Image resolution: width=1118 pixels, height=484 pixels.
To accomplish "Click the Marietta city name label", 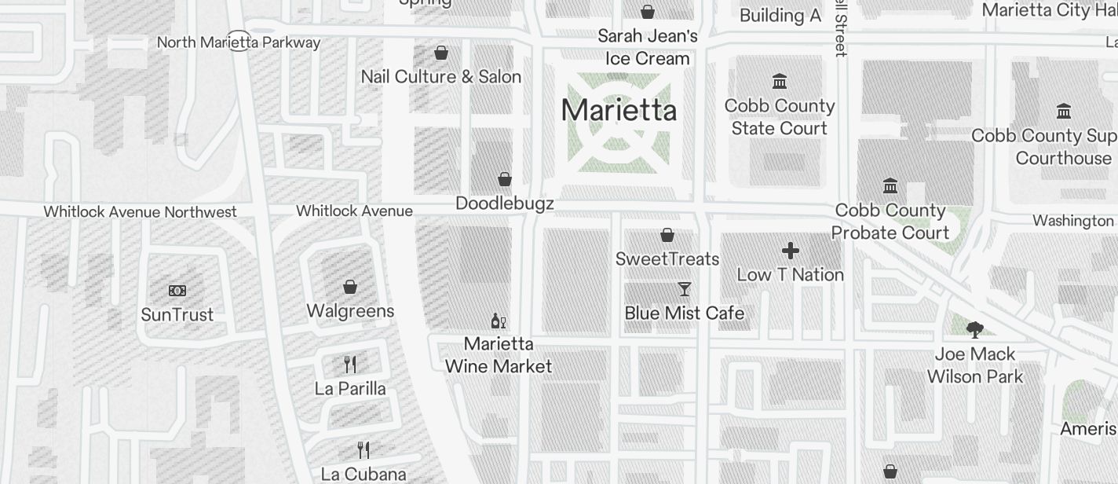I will pos(619,110).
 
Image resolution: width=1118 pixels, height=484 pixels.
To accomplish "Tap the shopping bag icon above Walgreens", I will pos(350,287).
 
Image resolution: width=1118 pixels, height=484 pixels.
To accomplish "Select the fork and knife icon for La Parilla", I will pos(350,365).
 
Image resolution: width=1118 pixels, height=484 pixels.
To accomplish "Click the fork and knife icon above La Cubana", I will pos(364,450).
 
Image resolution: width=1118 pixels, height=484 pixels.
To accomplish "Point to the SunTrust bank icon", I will pos(177,291).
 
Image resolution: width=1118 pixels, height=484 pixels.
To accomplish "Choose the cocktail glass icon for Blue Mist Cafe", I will pos(685,289).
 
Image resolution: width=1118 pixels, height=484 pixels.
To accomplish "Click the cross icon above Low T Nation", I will pos(791,251).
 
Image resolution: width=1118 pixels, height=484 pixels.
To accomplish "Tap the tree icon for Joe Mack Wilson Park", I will pos(975,329).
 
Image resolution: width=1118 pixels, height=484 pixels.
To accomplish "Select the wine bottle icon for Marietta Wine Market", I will pos(498,321).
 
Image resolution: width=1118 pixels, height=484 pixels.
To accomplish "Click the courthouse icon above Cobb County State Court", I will pos(780,82).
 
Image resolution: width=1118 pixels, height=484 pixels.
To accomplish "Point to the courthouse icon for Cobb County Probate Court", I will pos(890,186).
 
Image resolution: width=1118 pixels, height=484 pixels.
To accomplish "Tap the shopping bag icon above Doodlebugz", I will pos(505,179).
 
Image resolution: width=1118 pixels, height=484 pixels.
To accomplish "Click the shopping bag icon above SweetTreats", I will pos(667,235).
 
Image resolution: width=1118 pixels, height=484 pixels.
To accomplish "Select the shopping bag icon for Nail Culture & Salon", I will pos(441,53).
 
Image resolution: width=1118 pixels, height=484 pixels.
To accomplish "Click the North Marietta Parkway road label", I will pos(239,42).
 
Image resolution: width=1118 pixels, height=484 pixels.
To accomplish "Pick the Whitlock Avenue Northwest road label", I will pos(140,212).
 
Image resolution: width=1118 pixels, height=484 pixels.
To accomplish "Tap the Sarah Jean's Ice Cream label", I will pos(648,47).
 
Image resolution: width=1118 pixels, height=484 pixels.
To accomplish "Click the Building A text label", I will pos(780,16).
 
